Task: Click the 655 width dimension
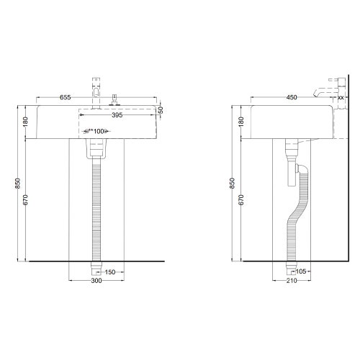click(65, 96)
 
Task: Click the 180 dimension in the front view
click(25, 122)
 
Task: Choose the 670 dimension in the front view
click(25, 199)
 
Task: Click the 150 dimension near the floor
click(110, 273)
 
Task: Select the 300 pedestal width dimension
click(96, 282)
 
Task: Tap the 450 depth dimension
click(292, 96)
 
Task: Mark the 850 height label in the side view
click(233, 184)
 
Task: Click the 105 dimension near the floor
click(302, 273)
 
